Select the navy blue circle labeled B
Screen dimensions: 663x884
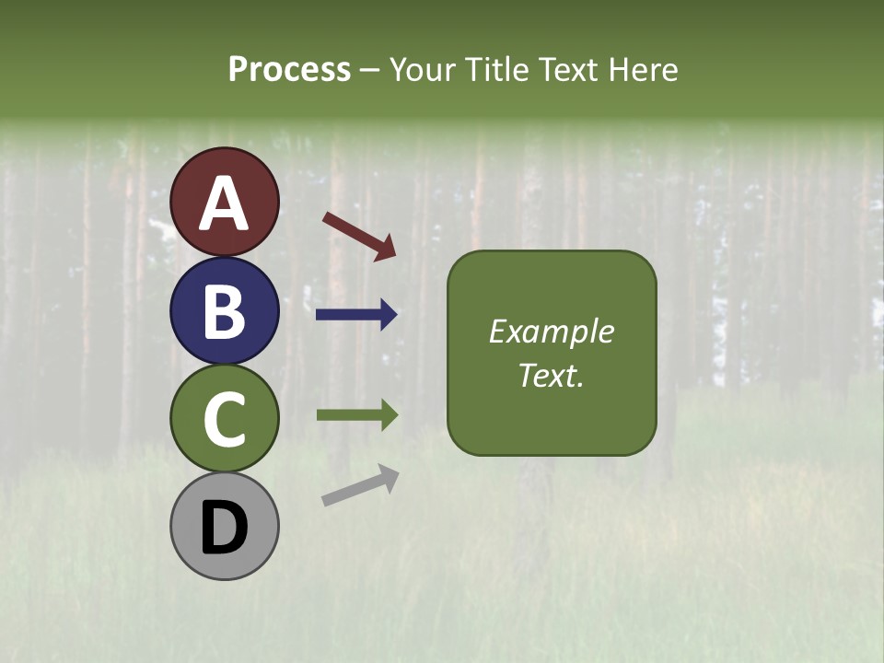pos(224,310)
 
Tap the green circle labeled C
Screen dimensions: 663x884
pos(224,419)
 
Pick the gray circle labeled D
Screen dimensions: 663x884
pos(224,526)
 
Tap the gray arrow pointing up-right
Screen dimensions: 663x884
pos(360,485)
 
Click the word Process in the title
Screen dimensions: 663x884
pos(289,70)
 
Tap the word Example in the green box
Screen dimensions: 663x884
pos(552,331)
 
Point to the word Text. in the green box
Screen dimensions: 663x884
pos(552,376)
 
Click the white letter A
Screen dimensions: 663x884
pos(224,204)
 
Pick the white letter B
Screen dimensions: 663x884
pos(224,311)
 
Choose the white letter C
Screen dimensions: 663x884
pos(224,420)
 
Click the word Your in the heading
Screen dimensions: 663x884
pos(420,70)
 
